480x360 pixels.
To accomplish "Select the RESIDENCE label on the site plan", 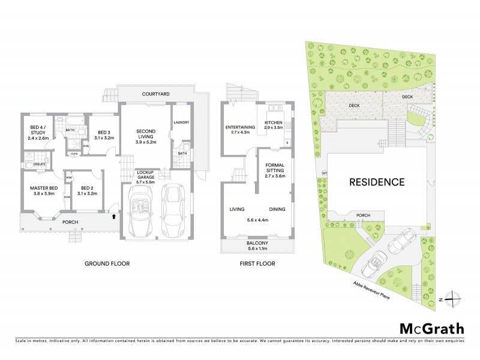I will pos(377,182).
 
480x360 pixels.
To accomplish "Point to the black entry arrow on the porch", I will pos(113,216).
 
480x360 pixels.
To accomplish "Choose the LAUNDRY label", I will pos(181,122).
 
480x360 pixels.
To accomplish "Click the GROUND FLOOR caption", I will pos(107,263).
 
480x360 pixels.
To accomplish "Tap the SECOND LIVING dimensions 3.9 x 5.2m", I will pos(146,143).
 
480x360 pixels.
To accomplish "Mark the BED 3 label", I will pos(104,133).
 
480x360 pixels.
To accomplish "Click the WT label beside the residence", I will pos(324,173).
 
